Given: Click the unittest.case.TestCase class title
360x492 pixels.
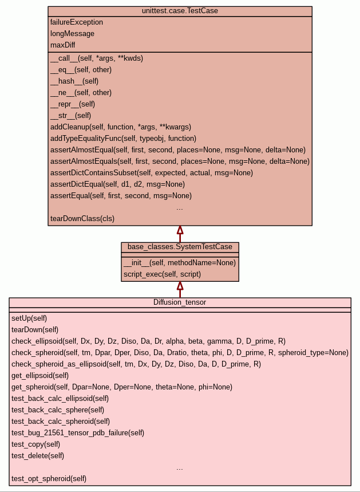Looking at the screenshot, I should tap(180, 11).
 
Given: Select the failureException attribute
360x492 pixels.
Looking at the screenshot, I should tap(77, 22).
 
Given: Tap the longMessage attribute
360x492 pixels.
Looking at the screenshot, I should tap(72, 34).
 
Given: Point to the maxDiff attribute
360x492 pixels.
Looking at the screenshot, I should tap(63, 45).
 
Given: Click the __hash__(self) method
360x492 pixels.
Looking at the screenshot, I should tap(74, 81).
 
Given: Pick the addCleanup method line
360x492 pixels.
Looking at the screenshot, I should tap(120, 127).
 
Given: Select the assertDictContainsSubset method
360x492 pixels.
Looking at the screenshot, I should tap(151, 173).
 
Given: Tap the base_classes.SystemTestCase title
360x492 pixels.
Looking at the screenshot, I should tap(180, 247).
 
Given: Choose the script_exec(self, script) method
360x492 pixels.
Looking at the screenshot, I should tap(162, 274).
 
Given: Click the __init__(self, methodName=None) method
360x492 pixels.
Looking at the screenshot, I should tap(179, 263).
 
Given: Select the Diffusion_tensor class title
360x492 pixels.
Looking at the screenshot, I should tap(180, 302).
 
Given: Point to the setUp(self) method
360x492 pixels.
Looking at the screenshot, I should tap(29, 318).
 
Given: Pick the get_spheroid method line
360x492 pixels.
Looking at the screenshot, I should tap(122, 387).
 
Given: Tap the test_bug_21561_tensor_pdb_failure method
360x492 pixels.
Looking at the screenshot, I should tap(78, 432).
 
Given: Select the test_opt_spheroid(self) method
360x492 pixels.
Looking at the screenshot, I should tap(49, 478).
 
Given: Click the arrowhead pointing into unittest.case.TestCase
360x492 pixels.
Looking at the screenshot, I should tap(180, 230).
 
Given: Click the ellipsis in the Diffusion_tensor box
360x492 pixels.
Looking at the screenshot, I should tap(180, 467).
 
